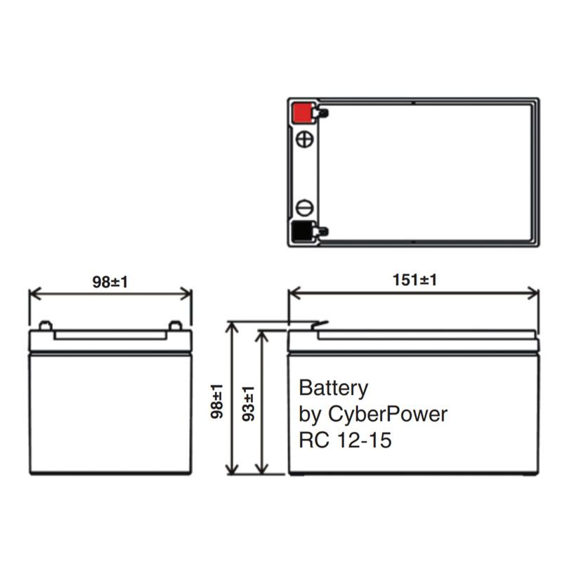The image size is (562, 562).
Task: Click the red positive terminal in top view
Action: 302,112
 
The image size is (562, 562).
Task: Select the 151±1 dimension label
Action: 414,280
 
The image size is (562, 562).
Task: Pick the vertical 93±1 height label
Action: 248,403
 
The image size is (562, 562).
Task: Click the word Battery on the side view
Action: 334,388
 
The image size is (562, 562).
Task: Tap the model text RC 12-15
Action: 345,441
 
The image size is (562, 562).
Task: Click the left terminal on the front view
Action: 44,325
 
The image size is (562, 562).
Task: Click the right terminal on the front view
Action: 175,325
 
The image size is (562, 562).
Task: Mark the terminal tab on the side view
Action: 318,325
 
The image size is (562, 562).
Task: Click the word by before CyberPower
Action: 310,414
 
